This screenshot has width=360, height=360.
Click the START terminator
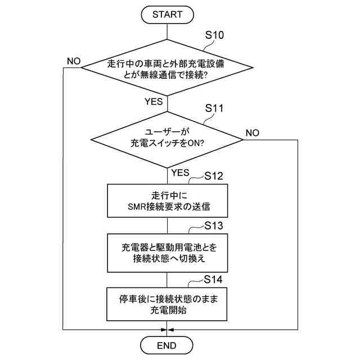pyautogui.click(x=168, y=15)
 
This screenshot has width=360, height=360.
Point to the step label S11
pyautogui.click(x=215, y=107)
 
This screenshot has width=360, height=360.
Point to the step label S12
pyautogui.click(x=213, y=175)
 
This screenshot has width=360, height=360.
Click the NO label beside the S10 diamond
pyautogui.click(x=74, y=60)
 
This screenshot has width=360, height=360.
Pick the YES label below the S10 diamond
pyautogui.click(x=154, y=102)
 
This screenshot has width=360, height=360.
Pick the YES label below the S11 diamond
pyautogui.click(x=180, y=172)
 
